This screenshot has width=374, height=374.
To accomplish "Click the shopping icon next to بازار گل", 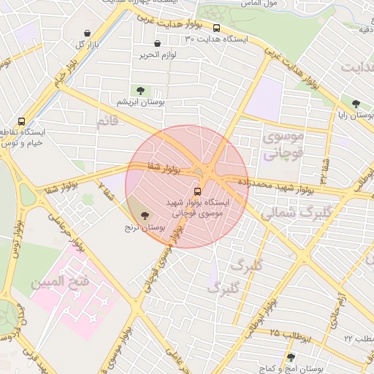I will (88, 34).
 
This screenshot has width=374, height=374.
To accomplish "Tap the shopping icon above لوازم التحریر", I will (157, 44).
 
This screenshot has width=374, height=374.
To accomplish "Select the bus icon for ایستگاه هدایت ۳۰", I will (216, 28).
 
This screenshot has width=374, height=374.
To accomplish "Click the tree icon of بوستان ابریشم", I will (140, 91).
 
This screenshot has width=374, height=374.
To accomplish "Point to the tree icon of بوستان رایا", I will (356, 104).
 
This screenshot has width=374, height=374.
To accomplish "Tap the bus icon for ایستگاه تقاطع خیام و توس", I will (21, 121).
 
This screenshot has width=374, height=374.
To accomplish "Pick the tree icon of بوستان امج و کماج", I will (291, 356).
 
